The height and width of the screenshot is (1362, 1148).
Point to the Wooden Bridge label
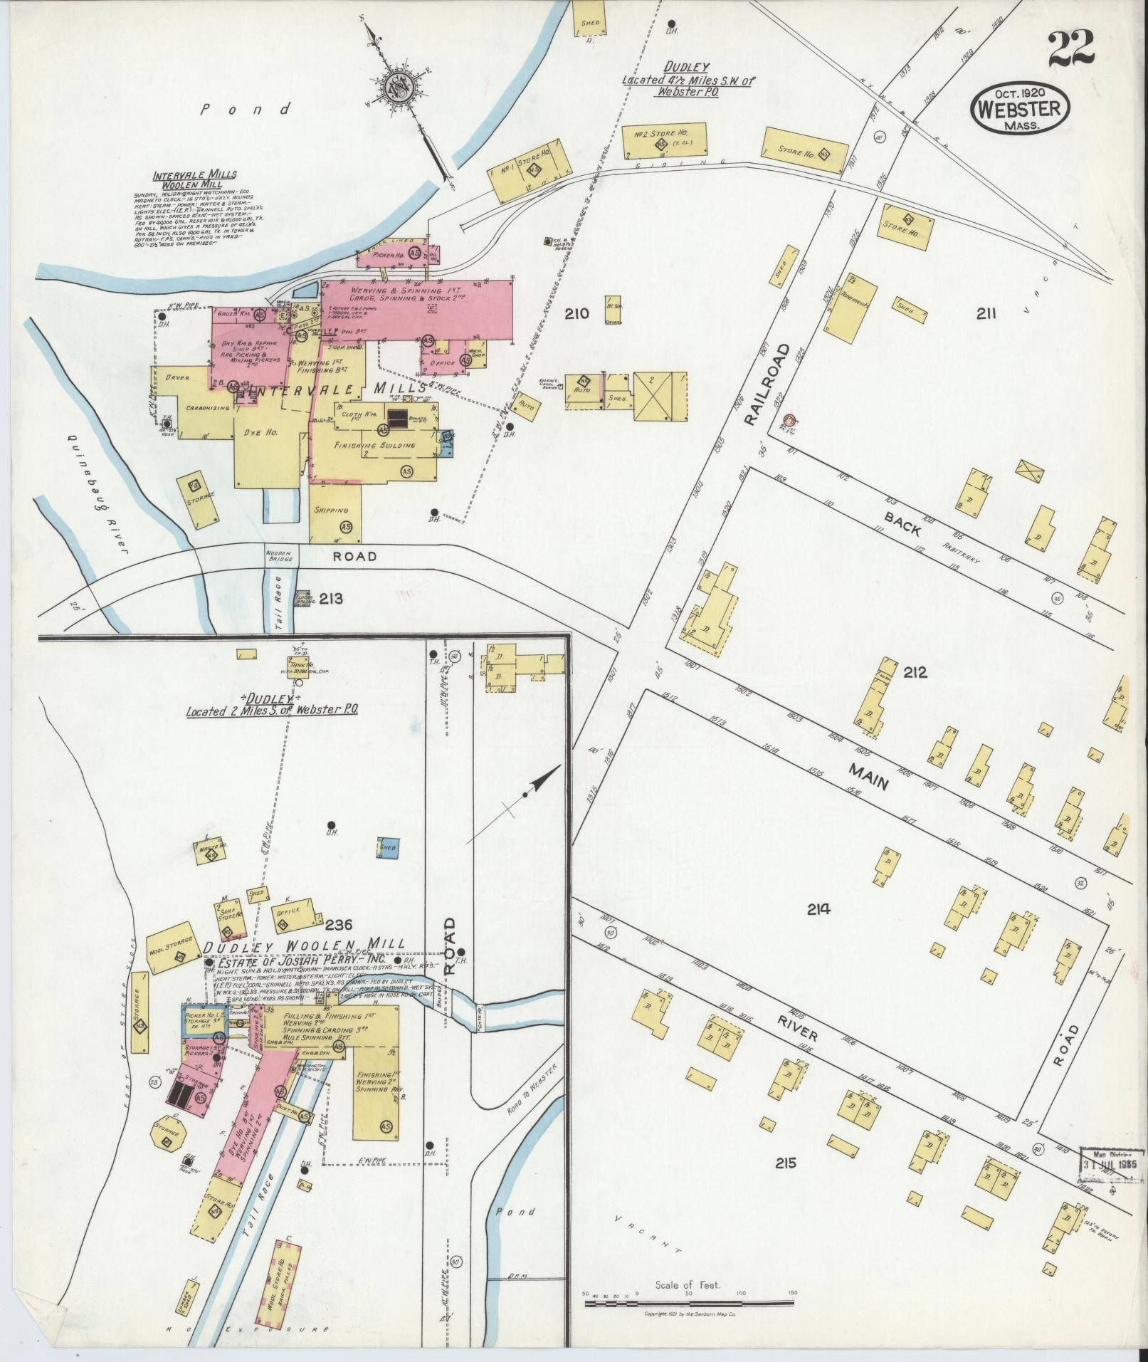point(278,556)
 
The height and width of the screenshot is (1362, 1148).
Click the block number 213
point(331,598)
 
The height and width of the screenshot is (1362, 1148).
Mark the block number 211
point(985,313)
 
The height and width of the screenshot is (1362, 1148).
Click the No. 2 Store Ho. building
point(665,141)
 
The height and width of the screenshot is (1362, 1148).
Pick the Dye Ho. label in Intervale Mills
point(267,432)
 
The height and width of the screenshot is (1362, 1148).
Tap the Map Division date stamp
point(1110,1163)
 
